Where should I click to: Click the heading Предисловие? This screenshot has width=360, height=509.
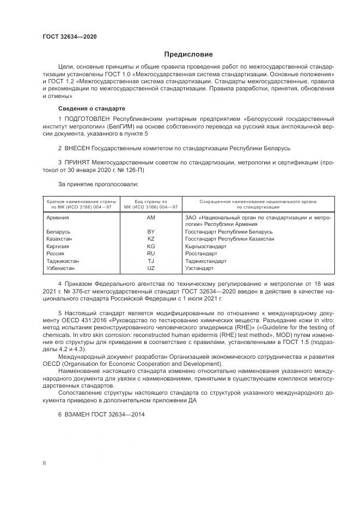tap(189, 54)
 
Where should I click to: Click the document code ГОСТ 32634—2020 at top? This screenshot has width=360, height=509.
tap(70, 37)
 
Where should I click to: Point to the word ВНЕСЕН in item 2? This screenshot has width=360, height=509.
tap(80, 148)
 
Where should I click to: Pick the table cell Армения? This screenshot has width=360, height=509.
tap(58, 217)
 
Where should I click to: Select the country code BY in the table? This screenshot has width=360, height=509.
tap(151, 231)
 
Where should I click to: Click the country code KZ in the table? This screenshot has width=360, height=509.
tap(151, 238)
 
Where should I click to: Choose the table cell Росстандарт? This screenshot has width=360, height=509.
tap(201, 253)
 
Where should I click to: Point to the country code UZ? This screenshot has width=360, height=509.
tap(151, 268)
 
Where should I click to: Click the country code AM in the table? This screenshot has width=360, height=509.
tap(151, 217)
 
